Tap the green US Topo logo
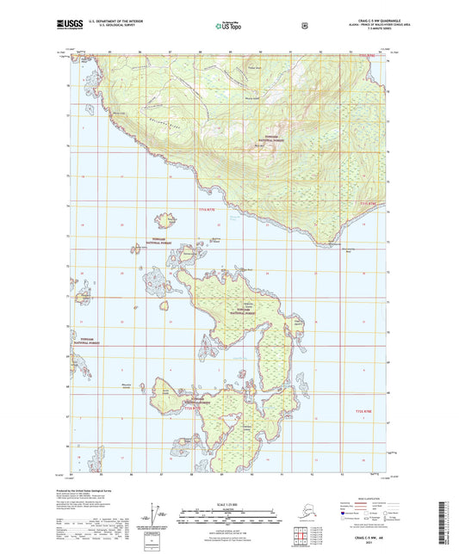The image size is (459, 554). [x=227, y=27]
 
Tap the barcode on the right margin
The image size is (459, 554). [x=450, y=516]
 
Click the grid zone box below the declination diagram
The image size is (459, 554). [x=154, y=542]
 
